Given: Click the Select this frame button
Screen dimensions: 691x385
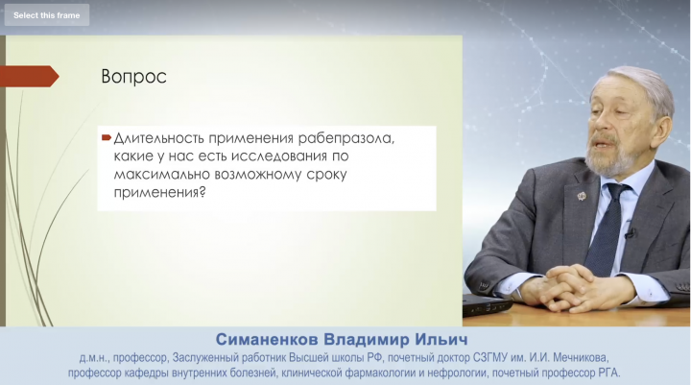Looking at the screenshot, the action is [x=47, y=15].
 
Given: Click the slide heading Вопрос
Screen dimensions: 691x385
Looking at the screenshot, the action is [x=134, y=76].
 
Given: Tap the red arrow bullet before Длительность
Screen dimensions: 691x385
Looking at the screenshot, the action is [x=107, y=138].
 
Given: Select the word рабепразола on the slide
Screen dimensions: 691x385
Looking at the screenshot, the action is [x=345, y=138].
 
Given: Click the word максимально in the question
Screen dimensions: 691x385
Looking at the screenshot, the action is [x=162, y=174].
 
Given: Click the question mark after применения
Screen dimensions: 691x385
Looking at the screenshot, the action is [x=203, y=192].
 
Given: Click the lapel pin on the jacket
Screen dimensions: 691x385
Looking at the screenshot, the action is [x=582, y=195].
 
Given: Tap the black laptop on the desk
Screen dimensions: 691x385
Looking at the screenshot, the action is [x=488, y=304].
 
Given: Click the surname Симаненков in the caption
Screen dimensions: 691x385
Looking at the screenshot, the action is [x=267, y=340].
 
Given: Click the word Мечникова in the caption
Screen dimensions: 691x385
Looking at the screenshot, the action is [x=581, y=358].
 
